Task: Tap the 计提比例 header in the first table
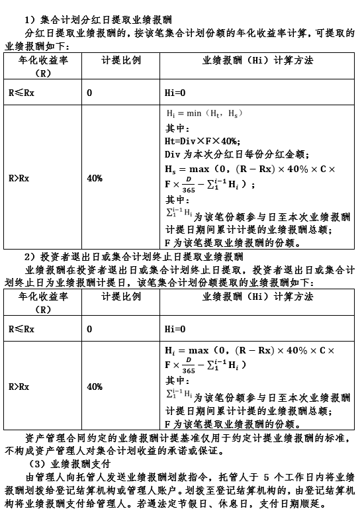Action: (x=121, y=60)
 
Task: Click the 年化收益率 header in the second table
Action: (x=43, y=297)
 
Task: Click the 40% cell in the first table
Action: (x=95, y=178)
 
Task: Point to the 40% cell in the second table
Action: (x=95, y=387)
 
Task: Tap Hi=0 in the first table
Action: (x=175, y=93)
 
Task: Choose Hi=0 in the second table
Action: (x=175, y=328)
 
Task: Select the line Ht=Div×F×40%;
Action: (x=202, y=141)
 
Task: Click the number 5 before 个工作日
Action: (x=266, y=477)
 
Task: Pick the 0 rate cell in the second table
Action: (x=89, y=328)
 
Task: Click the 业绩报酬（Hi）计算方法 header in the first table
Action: (x=257, y=60)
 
